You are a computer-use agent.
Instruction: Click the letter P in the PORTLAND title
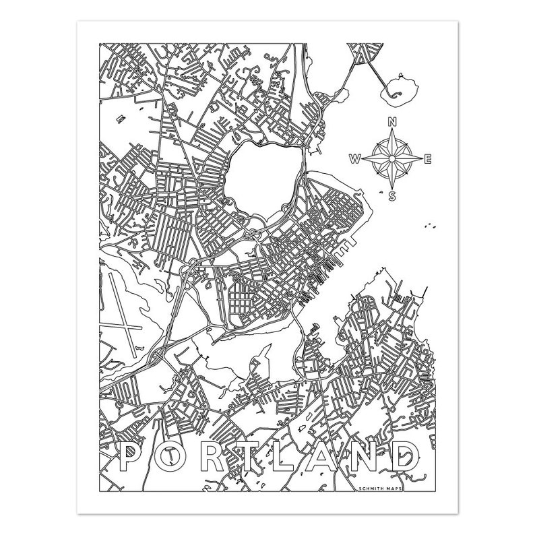(133, 459)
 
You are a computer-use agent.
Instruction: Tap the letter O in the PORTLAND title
(175, 459)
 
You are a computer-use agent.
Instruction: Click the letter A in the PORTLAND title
(335, 459)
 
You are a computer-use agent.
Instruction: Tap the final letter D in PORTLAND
(416, 459)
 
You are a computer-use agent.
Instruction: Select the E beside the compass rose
(428, 159)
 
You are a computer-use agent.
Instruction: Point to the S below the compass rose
(391, 196)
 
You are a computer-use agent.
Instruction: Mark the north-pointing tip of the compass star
(391, 133)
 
